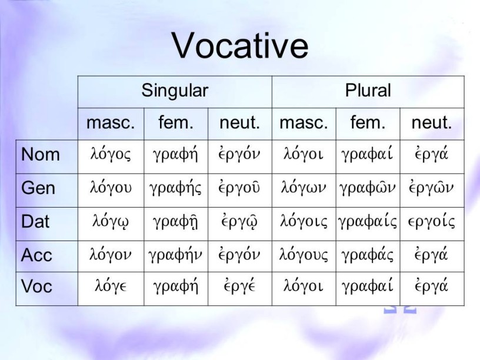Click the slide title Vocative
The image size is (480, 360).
tap(240, 46)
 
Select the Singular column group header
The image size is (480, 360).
tap(175, 91)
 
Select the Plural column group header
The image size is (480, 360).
tap(368, 91)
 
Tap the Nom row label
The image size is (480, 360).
tap(40, 154)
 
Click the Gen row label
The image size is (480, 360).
tap(38, 188)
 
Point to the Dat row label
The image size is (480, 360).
tap(35, 221)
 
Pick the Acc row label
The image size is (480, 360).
tap(36, 255)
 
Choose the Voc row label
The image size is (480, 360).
tap(36, 286)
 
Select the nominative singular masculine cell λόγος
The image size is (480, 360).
tap(111, 154)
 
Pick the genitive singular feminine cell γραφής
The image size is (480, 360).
tap(175, 188)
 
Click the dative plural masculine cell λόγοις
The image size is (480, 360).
tap(304, 221)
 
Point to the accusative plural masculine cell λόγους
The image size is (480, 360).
tap(304, 255)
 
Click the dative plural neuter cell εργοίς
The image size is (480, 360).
tap(432, 221)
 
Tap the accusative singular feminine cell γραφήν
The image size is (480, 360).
tap(175, 255)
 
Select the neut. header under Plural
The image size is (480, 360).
tap(432, 123)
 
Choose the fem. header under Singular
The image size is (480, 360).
tap(176, 122)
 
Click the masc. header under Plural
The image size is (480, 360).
tap(304, 123)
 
